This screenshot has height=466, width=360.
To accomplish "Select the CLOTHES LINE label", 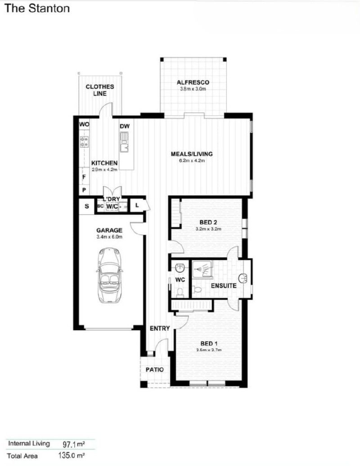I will click(x=100, y=90).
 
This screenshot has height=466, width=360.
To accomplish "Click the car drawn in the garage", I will click(x=108, y=276).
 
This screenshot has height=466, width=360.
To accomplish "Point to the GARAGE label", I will click(x=109, y=230).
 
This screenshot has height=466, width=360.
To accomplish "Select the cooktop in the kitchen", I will click(x=84, y=142).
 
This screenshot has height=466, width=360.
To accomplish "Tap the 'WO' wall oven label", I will click(x=84, y=124).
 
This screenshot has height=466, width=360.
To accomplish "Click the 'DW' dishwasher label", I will click(x=125, y=126).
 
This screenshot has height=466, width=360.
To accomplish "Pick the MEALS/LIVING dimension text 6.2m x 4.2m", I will click(x=191, y=161).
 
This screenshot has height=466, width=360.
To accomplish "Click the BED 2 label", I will click(x=208, y=222).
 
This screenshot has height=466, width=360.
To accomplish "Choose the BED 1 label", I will click(x=208, y=343).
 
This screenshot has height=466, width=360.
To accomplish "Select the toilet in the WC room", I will click(x=180, y=292).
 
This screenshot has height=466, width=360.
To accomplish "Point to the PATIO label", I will click(x=154, y=370).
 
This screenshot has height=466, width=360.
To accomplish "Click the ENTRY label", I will click(x=160, y=328).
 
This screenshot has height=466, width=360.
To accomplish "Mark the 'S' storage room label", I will click(x=86, y=206).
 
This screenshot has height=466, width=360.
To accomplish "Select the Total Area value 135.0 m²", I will click(x=74, y=456).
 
